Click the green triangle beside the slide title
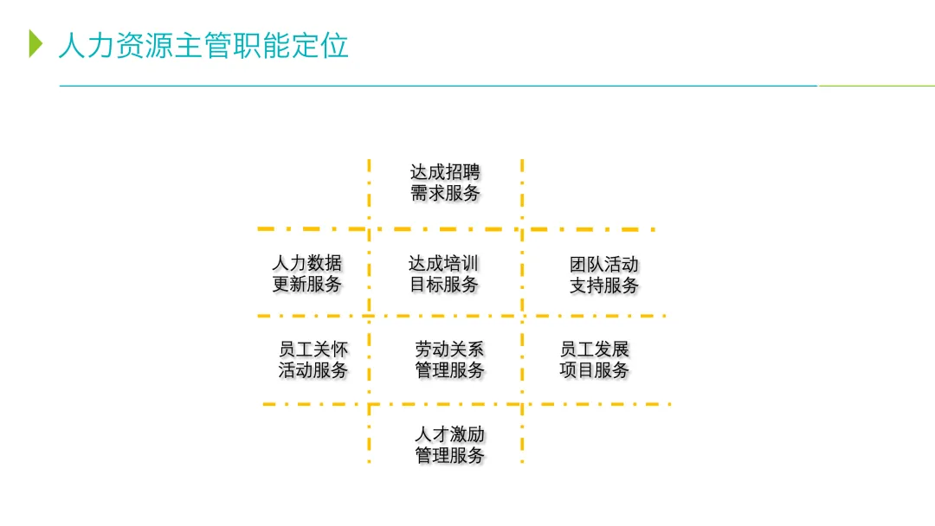35,43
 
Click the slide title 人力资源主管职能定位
203,44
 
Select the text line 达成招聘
445,172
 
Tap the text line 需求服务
445,194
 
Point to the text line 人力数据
306,263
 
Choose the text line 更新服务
306,285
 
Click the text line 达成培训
443,263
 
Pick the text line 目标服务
443,285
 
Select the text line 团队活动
604,264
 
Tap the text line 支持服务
604,285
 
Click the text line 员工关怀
313,350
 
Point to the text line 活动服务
313,371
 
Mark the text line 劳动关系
449,350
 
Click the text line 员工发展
595,350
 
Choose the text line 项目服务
595,371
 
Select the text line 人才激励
449,434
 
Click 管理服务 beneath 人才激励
449,456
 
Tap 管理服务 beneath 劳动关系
449,371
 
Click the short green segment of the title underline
876,86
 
